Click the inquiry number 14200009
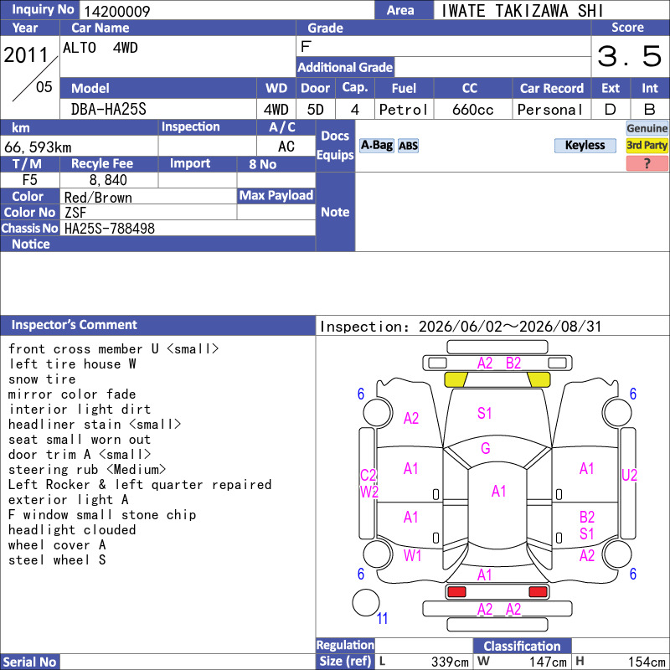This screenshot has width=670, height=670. click(116, 11)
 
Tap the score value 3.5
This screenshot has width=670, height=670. click(629, 56)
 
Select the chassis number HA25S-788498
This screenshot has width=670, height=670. click(110, 229)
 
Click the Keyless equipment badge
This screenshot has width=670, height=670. click(585, 145)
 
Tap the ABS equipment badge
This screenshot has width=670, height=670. click(408, 146)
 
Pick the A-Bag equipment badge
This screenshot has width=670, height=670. click(376, 145)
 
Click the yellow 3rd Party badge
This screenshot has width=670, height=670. click(647, 145)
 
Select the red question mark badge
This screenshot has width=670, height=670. click(647, 163)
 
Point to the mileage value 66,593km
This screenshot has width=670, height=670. click(38, 147)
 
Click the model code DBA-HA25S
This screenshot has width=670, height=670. click(109, 110)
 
